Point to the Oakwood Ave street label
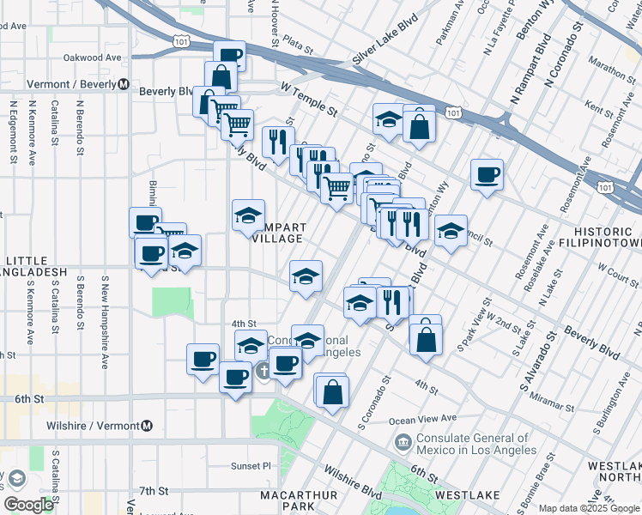93,58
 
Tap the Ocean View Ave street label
422,419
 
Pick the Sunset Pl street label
250,466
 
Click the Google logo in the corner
27,504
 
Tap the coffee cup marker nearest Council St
488,175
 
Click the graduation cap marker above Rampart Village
249,215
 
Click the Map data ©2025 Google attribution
589,508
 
